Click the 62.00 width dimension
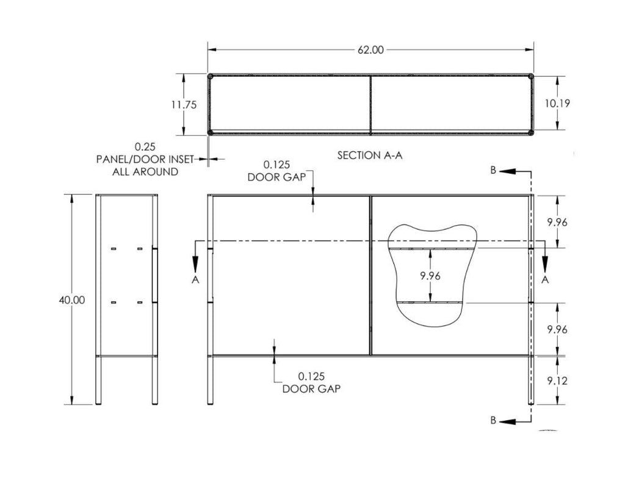tap(370, 50)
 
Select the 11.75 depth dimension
tap(184, 105)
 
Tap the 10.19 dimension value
tap(557, 103)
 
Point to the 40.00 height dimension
tap(72, 300)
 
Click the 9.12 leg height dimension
tap(557, 381)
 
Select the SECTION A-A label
tap(370, 155)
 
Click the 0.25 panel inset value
tap(145, 146)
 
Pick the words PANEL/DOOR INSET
tap(145, 159)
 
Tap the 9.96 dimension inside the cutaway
tap(430, 276)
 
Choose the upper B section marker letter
tap(493, 171)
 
